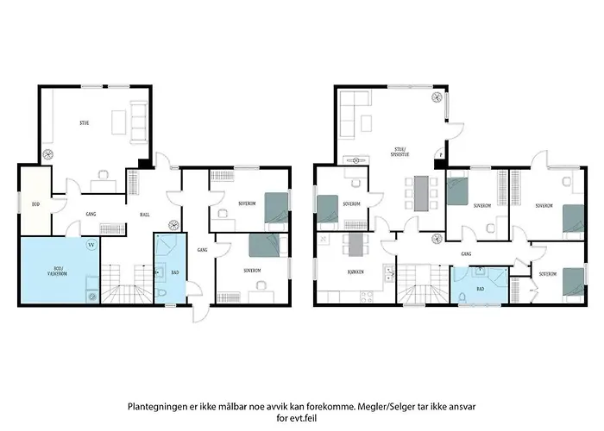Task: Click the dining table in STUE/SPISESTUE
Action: pos(420,193)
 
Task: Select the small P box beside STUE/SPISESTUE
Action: pos(441,157)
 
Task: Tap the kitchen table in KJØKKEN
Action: pos(353,246)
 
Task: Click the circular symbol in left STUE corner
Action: pos(48,155)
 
